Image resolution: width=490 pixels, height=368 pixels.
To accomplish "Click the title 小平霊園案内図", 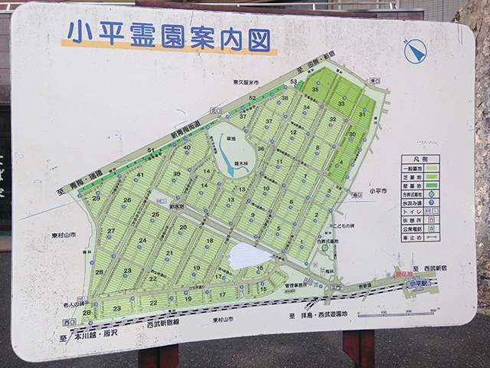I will pyautogui.click(x=169, y=35).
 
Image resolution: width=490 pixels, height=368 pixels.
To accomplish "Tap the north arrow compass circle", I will pyautogui.click(x=414, y=51).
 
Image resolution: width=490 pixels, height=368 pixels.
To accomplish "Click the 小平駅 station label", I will pyautogui.click(x=419, y=284).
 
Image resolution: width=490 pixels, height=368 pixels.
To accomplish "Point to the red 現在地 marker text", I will pyautogui.click(x=403, y=274).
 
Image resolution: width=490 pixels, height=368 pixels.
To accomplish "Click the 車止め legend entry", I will pyautogui.click(x=413, y=238).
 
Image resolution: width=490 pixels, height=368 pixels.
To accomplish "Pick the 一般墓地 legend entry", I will pyautogui.click(x=414, y=168).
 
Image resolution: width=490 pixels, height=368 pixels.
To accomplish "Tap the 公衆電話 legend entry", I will pyautogui.click(x=414, y=228).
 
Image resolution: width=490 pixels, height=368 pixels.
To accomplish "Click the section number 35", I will pyautogui.click(x=315, y=90).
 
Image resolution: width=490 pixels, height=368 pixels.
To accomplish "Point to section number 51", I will pyautogui.click(x=152, y=149).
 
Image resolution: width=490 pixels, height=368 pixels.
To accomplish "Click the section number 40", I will pyautogui.click(x=186, y=147).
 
